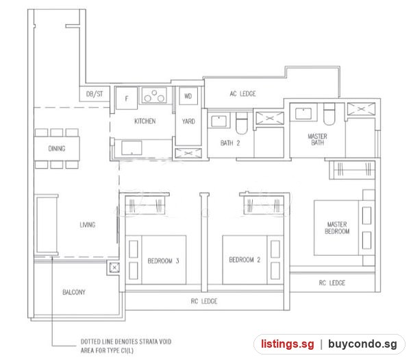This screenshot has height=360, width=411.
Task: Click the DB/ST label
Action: pyautogui.click(x=95, y=94)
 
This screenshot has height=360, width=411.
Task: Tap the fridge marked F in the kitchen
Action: pyautogui.click(x=127, y=98)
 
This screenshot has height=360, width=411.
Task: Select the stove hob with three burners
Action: pyautogui.click(x=154, y=95)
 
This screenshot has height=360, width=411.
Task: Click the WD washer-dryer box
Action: pyautogui.click(x=188, y=96)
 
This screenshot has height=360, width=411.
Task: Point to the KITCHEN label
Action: pyautogui.click(x=145, y=121)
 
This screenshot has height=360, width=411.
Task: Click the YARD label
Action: pyautogui.click(x=188, y=121)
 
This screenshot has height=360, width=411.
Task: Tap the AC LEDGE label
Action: pyautogui.click(x=242, y=94)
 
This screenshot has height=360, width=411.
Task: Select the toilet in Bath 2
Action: pyautogui.click(x=241, y=123)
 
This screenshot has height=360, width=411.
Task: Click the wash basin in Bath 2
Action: pyautogui.click(x=219, y=121)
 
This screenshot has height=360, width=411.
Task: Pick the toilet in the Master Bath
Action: pyautogui.click(x=329, y=114)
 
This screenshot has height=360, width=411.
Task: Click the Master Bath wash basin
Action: pyautogui.click(x=303, y=114)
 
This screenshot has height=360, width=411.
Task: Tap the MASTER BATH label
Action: pyautogui.click(x=317, y=140)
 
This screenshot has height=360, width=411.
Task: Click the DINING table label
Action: pyautogui.click(x=57, y=149)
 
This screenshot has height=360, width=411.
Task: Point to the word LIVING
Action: pyautogui.click(x=88, y=225)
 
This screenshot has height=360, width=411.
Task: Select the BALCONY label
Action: pyautogui.click(x=74, y=292)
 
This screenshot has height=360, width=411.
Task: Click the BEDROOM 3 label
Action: pyautogui.click(x=163, y=261)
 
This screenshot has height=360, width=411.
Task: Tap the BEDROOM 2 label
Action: pyautogui.click(x=245, y=260)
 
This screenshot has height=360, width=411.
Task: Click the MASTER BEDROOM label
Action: pyautogui.click(x=337, y=228)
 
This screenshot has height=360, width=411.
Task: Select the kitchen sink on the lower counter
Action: pyautogui.click(x=132, y=147)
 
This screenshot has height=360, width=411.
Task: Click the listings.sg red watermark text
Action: pyautogui.click(x=287, y=344)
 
